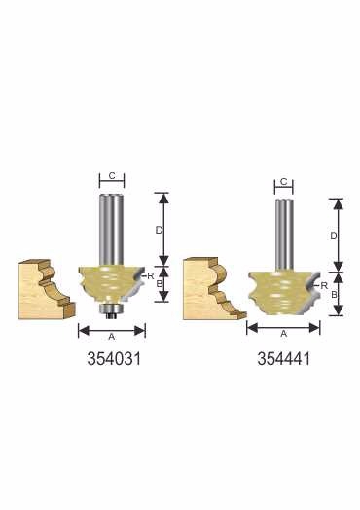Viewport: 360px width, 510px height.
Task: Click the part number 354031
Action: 114,359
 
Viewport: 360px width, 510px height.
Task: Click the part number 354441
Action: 284,359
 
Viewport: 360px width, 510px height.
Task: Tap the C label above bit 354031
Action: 112,176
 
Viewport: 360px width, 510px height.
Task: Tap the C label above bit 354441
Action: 283,181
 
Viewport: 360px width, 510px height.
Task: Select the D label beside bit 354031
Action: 159,231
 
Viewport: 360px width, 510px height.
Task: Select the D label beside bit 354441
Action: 334,236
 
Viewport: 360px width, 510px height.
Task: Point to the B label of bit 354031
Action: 160,283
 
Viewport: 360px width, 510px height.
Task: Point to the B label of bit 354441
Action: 334,294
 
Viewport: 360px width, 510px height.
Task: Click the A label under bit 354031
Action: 112,337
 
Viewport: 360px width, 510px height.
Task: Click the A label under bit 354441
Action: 284,334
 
